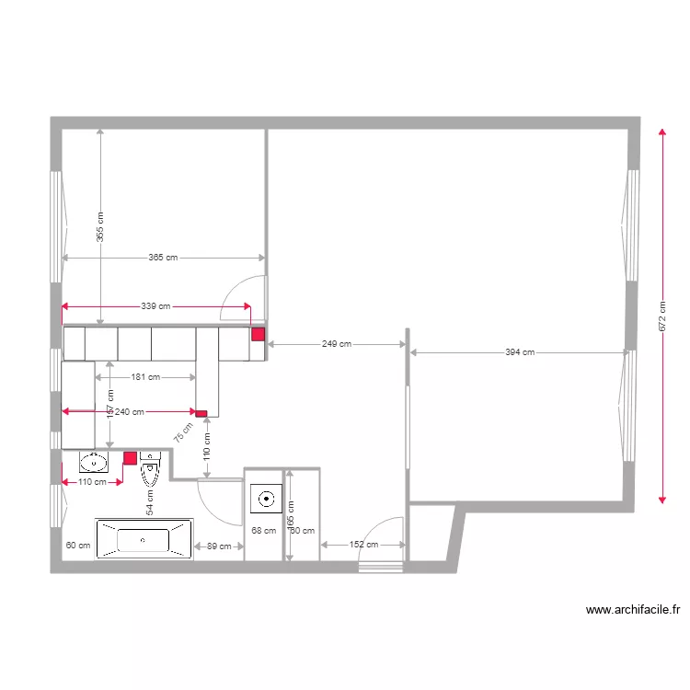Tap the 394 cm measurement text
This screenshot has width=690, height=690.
point(520,351)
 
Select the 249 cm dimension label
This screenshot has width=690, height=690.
point(337,344)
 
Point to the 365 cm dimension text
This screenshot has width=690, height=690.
point(163,258)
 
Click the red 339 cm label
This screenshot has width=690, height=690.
point(156,306)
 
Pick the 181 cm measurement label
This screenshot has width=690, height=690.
point(146,376)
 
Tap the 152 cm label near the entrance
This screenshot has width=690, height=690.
point(363,545)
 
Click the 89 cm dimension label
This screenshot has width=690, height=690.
point(219,546)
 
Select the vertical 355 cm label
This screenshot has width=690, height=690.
point(100,226)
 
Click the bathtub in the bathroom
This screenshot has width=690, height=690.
point(144,540)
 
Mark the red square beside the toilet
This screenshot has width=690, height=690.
point(131,457)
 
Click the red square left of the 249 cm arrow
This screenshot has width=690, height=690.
point(259,335)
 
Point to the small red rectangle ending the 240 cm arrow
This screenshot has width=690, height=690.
point(201,412)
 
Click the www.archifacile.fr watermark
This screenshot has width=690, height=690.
point(632,609)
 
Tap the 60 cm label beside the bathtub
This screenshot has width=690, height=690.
point(78,546)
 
